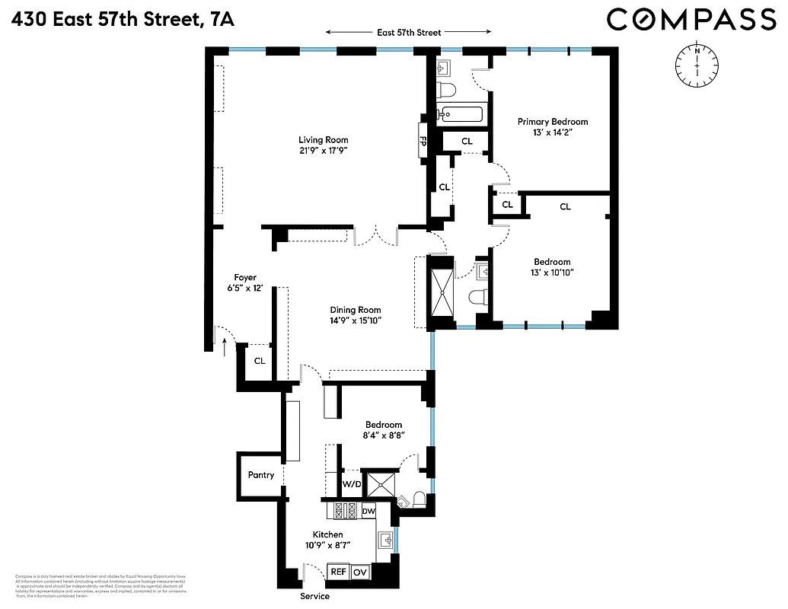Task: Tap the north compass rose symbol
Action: [697, 65]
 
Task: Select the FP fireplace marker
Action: [423, 141]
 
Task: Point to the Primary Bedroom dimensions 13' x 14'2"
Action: [553, 132]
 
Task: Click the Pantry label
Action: [261, 475]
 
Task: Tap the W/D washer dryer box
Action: [352, 484]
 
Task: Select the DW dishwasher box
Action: [368, 511]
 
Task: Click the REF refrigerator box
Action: [338, 571]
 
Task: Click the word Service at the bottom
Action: [314, 596]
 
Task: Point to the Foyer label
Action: [245, 278]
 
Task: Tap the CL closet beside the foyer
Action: [260, 361]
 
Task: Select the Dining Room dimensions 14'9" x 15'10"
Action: [355, 320]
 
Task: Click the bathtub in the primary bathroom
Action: [461, 116]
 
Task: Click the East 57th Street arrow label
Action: [409, 32]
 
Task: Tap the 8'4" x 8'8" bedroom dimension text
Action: [384, 435]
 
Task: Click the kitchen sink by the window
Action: [386, 540]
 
